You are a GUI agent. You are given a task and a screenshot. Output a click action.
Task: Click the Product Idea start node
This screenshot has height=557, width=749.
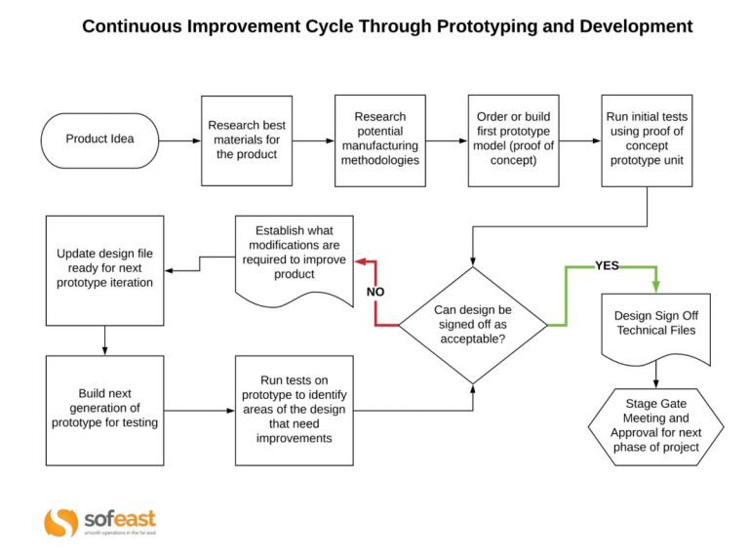[x=99, y=139]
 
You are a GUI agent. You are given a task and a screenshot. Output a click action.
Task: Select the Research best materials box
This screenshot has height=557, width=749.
[x=247, y=139]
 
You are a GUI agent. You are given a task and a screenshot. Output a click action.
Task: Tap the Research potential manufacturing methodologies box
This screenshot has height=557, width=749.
[x=379, y=139]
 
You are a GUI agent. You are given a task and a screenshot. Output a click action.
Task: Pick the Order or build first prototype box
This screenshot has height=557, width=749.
[x=513, y=139]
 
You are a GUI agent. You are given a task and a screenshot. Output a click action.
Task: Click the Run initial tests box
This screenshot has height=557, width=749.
[x=647, y=139]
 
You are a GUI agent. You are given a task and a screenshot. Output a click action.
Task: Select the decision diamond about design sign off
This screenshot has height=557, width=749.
[x=472, y=324]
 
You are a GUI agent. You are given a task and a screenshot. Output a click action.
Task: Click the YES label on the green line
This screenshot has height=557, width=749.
[x=607, y=265]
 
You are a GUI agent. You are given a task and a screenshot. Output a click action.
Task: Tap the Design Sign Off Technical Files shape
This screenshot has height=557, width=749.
[x=654, y=326]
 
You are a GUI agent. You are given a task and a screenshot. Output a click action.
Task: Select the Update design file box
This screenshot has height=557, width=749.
[x=104, y=269]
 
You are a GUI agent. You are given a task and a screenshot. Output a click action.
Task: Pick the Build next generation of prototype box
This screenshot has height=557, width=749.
[x=104, y=410]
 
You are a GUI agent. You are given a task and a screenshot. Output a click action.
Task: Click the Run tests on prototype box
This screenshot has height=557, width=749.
[x=295, y=410]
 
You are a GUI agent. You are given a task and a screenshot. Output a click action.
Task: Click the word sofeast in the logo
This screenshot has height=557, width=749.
[x=118, y=518]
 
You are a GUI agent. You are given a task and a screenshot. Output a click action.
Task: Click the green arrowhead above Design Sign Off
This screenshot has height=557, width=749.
[x=654, y=287]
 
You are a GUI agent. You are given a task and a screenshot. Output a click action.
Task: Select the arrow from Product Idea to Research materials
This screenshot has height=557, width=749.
[x=179, y=140]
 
